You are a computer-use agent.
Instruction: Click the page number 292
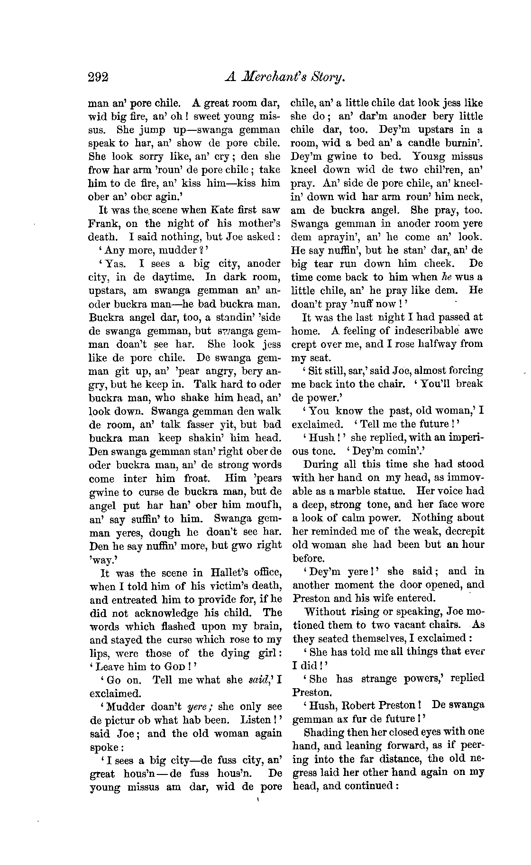[98, 77]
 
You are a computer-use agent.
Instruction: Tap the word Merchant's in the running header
[282, 77]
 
